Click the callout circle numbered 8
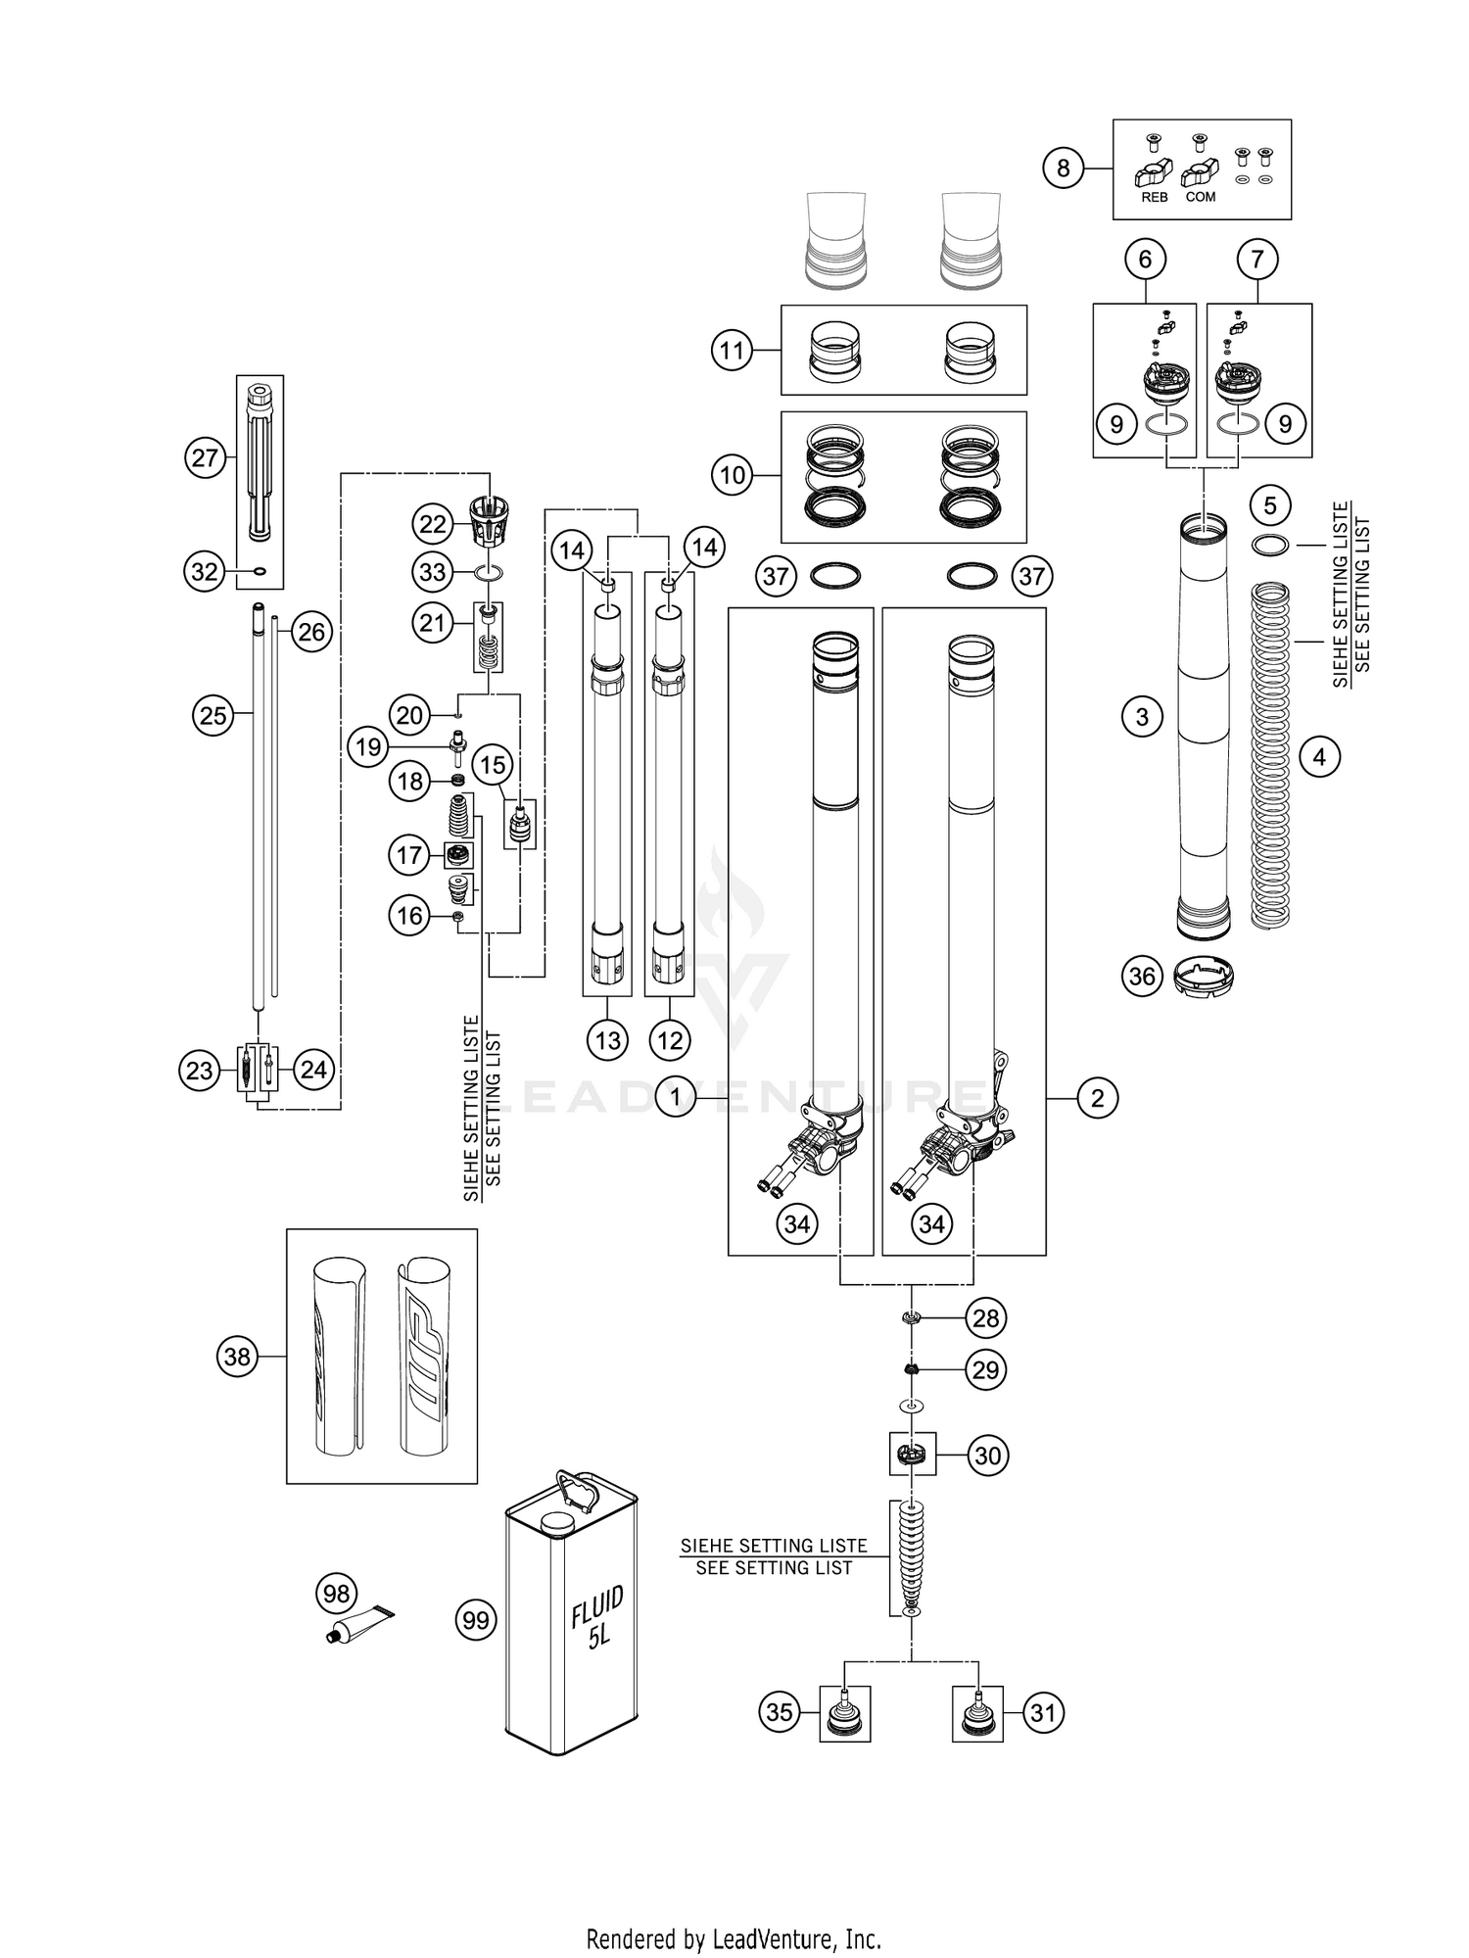point(1064,168)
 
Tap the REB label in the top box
point(1155,197)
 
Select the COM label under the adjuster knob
point(1201,197)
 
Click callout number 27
point(206,458)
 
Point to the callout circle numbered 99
point(476,1621)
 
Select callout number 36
point(1142,976)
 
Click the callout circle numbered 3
point(1142,717)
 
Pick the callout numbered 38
point(237,1357)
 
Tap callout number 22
point(433,524)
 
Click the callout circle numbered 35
point(780,1712)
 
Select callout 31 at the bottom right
point(1043,1712)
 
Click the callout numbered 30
point(988,1457)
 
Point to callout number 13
point(608,1040)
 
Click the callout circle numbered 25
point(213,716)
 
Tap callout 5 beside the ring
point(1270,505)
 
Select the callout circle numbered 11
point(733,351)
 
